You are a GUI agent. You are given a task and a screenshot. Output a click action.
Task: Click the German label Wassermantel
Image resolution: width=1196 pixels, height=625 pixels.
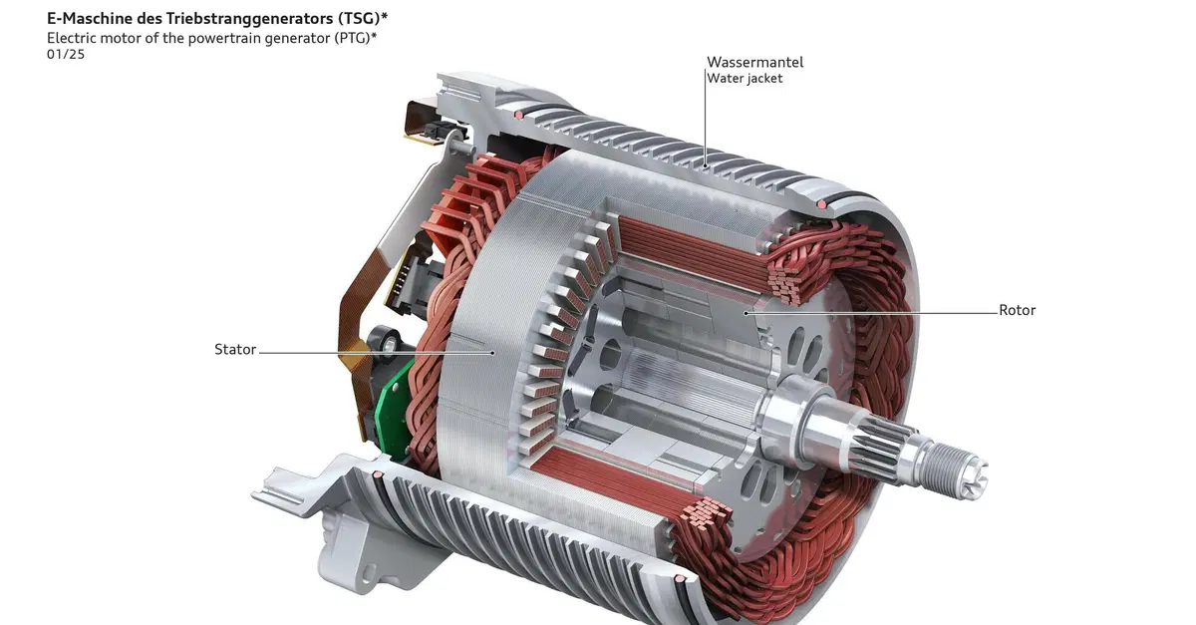coord(755,62)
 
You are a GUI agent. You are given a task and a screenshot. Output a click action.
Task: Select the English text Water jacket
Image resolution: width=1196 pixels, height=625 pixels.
coord(745,79)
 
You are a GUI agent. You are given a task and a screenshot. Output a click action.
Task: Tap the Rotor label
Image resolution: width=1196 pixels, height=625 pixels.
coord(1018,310)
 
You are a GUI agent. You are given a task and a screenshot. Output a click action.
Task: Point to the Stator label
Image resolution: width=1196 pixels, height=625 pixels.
coord(235,349)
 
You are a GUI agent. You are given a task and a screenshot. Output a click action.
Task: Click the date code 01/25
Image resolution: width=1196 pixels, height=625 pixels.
coord(66,54)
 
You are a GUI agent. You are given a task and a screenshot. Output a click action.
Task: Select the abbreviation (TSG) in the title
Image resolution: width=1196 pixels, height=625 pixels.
coord(359,19)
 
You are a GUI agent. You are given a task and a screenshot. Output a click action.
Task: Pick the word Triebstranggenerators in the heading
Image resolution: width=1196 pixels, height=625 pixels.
coord(249,19)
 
